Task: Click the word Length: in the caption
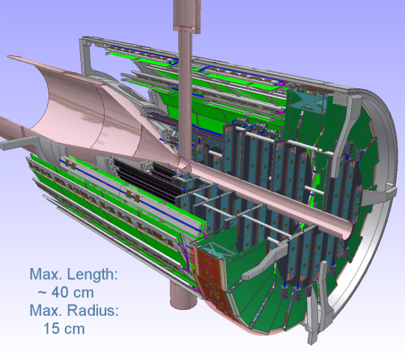[93, 275]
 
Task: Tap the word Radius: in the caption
[93, 310]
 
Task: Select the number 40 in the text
[60, 292]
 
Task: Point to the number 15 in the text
[52, 328]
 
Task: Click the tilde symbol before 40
[42, 293]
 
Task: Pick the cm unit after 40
[83, 294]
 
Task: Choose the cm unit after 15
[74, 330]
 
